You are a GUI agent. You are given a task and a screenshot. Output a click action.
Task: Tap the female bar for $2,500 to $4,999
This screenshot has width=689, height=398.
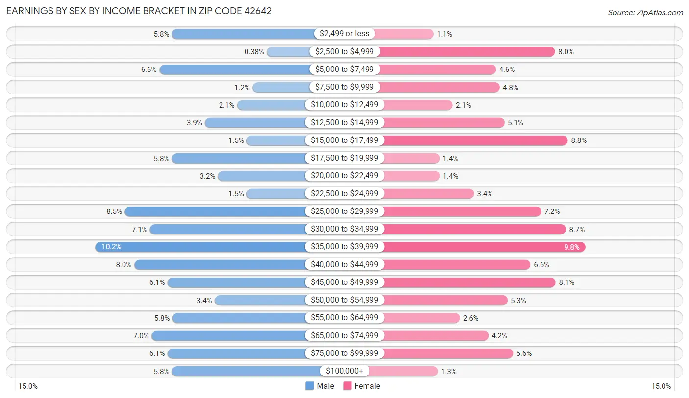(466, 51)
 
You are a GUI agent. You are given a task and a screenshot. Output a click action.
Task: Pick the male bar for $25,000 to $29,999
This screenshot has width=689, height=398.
(216, 211)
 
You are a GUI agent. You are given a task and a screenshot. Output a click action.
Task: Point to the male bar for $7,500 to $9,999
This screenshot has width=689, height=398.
(281, 87)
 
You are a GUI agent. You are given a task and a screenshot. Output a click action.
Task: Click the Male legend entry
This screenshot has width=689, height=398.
(320, 386)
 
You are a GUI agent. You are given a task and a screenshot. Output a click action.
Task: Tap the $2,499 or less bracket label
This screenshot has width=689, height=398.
(344, 34)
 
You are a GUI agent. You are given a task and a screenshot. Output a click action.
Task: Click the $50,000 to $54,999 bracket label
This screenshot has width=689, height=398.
(344, 300)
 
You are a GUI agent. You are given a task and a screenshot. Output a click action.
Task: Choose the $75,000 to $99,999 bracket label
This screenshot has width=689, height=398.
(344, 353)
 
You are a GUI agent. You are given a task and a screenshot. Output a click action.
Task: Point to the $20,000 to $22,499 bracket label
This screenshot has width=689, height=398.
(344, 176)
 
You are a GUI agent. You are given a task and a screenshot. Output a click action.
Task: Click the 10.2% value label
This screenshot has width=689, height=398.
(111, 247)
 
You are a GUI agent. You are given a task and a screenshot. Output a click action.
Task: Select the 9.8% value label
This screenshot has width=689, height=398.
(571, 247)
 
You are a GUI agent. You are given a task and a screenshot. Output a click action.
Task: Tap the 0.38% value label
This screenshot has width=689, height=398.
(254, 51)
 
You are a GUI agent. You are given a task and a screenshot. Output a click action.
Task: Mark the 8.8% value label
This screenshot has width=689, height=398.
(579, 140)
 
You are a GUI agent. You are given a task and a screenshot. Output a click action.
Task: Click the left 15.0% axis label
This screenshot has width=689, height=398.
(28, 386)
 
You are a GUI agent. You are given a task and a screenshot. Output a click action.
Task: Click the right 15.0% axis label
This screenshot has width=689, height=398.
(661, 386)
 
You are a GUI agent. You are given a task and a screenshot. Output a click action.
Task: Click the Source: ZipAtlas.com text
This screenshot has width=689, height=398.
(645, 12)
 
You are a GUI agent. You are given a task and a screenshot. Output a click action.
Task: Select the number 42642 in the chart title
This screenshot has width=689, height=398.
(255, 11)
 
